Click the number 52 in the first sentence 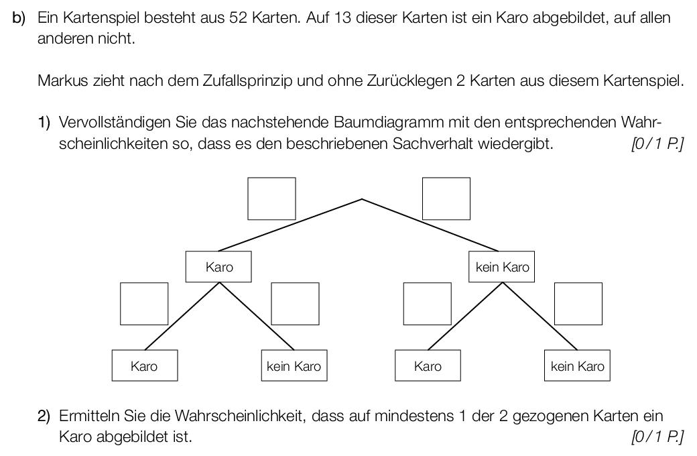tap(239, 18)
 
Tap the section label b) tap(19, 18)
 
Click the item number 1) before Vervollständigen tap(44, 122)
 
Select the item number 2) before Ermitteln tap(44, 416)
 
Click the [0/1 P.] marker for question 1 tap(657, 144)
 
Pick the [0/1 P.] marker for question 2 tap(657, 437)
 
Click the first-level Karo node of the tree tap(218, 267)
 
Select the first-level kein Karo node tap(502, 267)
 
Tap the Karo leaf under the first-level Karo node tap(145, 365)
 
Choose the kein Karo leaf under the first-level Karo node tap(294, 365)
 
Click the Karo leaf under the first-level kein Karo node tap(428, 365)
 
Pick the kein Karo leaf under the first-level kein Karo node tap(578, 365)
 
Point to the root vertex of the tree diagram tap(363, 199)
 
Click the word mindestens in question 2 tap(414, 416)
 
